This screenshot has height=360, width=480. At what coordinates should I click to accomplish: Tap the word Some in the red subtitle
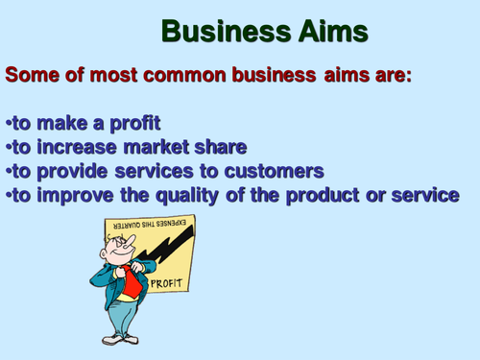pyautogui.click(x=38, y=74)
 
